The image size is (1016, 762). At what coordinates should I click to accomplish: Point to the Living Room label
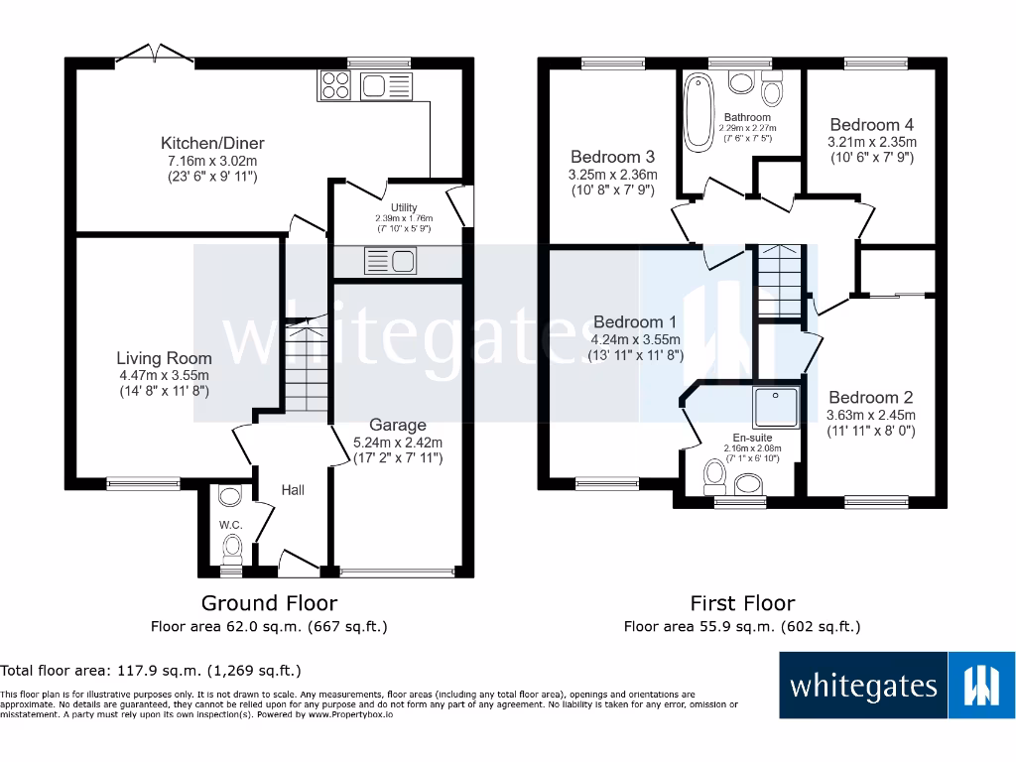click(164, 358)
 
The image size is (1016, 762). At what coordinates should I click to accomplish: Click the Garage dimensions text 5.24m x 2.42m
click(397, 442)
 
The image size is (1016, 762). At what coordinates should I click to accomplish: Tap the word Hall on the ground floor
click(292, 490)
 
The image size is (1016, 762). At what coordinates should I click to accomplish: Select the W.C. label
click(230, 524)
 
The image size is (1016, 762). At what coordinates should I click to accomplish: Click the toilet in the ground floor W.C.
click(232, 546)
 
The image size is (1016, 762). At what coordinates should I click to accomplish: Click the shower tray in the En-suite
click(776, 408)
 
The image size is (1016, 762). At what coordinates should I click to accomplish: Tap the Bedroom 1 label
click(634, 322)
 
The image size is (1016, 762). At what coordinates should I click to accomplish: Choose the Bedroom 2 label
click(871, 397)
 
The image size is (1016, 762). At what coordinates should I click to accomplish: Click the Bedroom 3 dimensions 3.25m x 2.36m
click(613, 175)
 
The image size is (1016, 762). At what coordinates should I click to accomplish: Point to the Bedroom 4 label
click(871, 125)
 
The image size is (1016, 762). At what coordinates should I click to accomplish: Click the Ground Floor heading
click(269, 603)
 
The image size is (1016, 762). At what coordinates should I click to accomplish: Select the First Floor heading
click(742, 603)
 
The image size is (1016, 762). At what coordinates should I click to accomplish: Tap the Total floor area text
click(151, 671)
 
